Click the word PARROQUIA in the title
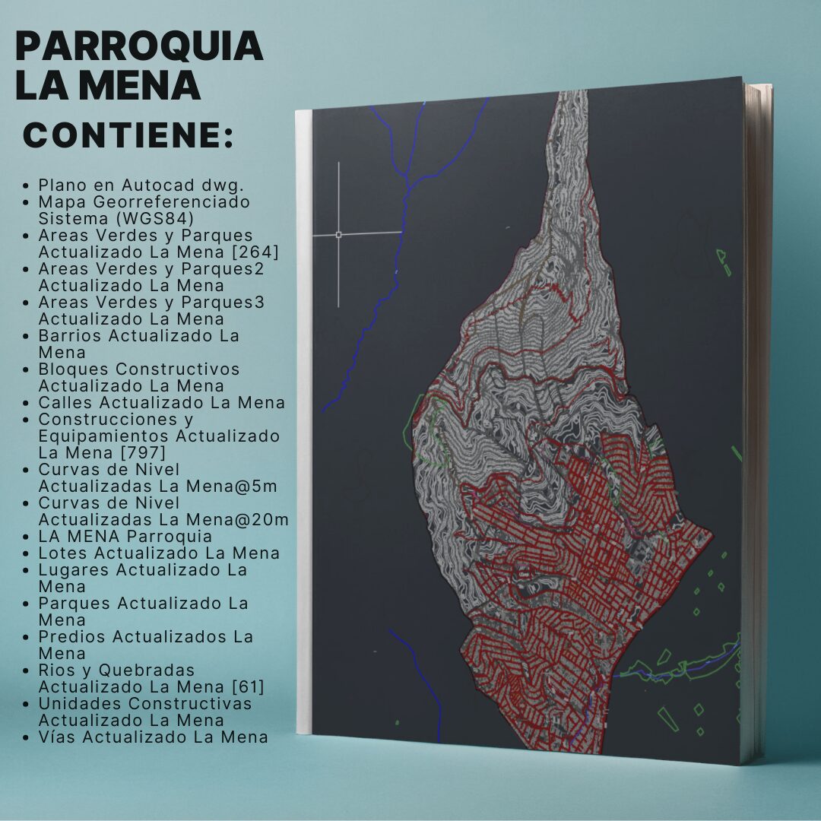tap(139, 47)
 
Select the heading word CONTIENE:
tap(128, 135)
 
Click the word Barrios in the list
tap(70, 335)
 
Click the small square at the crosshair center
tap(338, 234)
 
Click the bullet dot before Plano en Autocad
tap(27, 185)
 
